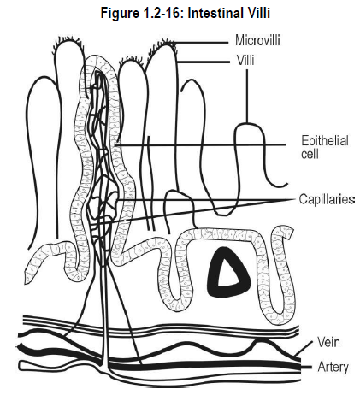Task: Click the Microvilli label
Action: point(257,40)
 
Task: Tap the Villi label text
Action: point(245,61)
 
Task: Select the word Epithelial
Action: point(325,141)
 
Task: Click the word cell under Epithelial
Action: point(310,154)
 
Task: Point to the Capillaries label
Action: point(327,199)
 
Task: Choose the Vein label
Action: point(328,342)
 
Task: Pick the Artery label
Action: point(333,367)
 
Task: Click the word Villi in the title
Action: point(257,13)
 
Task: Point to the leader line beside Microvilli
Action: point(200,43)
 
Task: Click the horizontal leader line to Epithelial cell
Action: point(199,145)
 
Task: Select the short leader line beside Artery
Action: point(305,367)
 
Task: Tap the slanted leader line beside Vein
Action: point(304,347)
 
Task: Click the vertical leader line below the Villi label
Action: point(247,96)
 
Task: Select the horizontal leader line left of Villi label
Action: point(204,62)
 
